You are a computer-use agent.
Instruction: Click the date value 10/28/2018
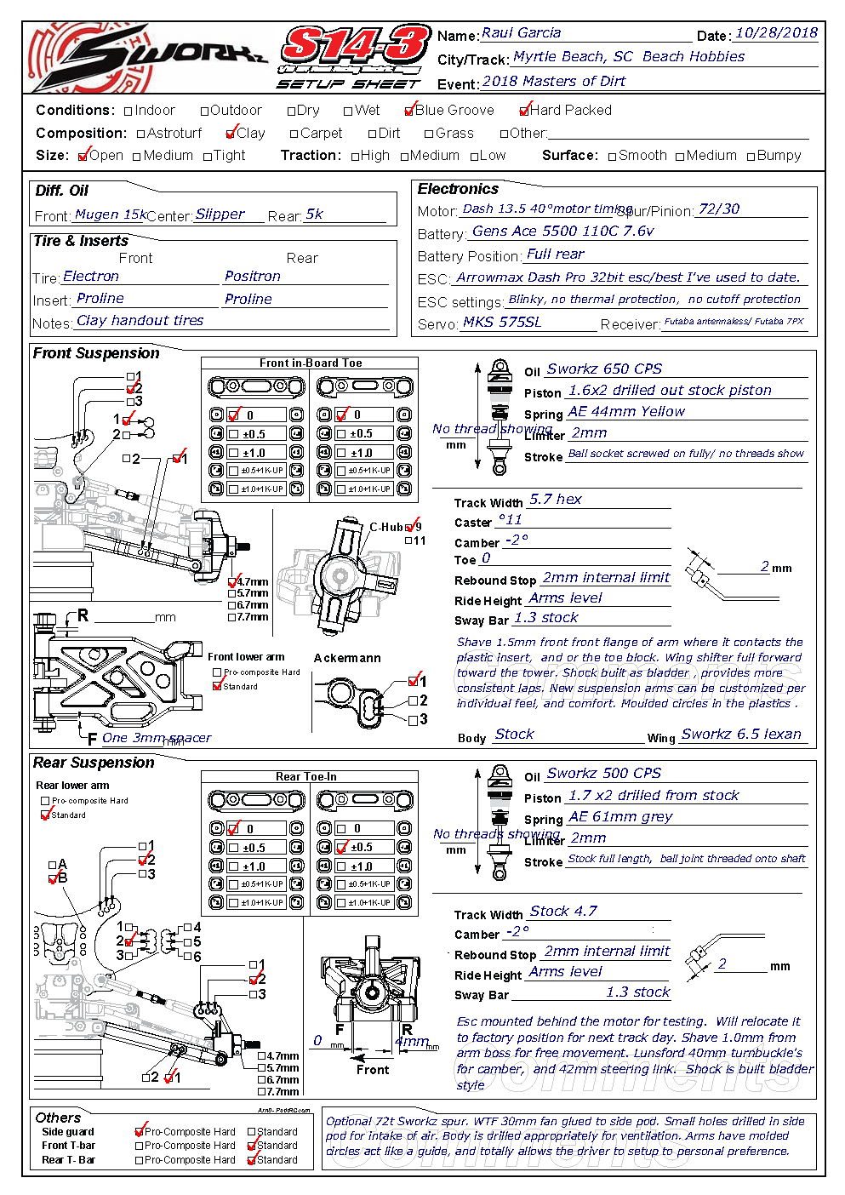[x=776, y=33]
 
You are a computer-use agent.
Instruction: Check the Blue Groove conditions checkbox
[x=409, y=111]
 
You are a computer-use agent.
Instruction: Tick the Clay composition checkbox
[x=231, y=134]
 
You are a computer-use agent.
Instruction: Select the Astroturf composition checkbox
[x=141, y=134]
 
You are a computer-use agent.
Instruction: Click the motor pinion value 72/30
[x=719, y=209]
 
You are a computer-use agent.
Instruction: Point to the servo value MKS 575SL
[x=502, y=323]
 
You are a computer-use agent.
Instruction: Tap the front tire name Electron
[x=91, y=277]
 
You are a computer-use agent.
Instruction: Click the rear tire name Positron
[x=253, y=277]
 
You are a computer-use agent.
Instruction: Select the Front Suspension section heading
[x=96, y=353]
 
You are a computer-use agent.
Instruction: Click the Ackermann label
[x=347, y=658]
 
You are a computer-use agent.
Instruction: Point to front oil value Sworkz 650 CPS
[x=604, y=369]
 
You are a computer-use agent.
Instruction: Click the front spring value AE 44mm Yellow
[x=626, y=412]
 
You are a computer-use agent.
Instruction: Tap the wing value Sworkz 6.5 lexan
[x=741, y=735]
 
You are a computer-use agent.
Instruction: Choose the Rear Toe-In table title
[x=306, y=777]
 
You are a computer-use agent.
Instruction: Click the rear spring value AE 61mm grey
[x=621, y=817]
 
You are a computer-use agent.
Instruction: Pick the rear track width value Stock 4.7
[x=563, y=912]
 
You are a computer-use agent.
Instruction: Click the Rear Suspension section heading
[x=94, y=763]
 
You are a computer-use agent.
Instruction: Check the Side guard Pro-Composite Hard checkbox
[x=140, y=1132]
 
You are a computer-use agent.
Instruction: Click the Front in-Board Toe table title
[x=311, y=363]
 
